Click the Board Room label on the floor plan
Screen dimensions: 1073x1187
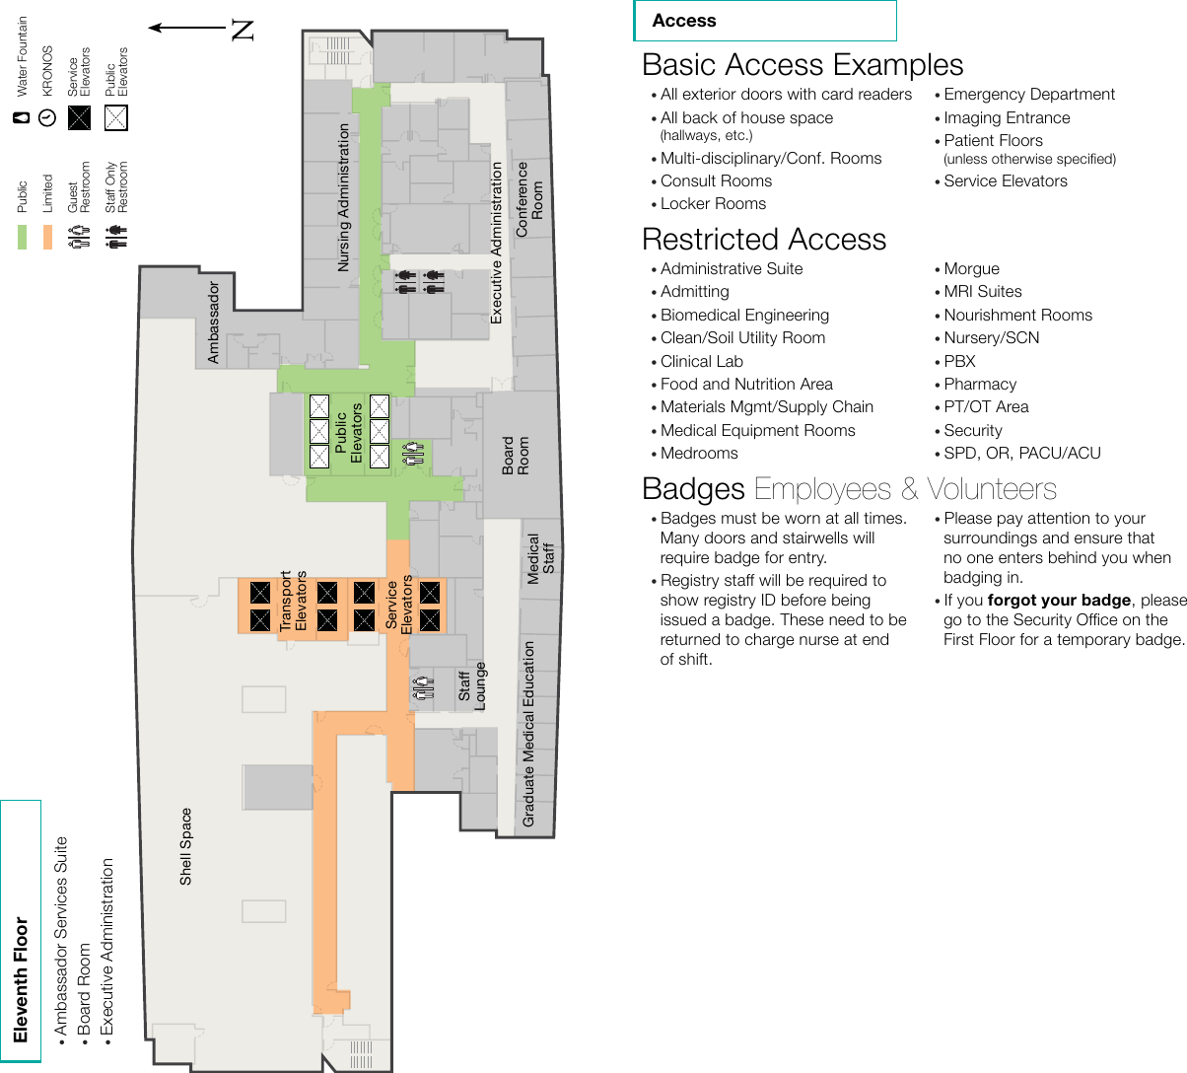coord(516,456)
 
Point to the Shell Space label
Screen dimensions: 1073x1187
coord(185,846)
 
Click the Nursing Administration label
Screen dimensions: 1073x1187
coord(343,197)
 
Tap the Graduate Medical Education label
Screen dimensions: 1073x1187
coord(528,734)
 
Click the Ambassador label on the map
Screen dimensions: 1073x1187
coord(213,322)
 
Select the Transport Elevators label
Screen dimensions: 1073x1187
coord(294,601)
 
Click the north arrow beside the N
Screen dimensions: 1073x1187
coord(186,29)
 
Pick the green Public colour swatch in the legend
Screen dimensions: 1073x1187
coord(22,237)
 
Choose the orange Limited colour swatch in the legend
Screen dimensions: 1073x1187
coord(47,237)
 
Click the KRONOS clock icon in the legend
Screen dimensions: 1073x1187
coord(47,118)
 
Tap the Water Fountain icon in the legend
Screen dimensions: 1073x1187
coord(22,118)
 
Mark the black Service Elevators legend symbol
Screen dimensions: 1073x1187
coord(80,118)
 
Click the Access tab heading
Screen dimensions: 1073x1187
coord(684,21)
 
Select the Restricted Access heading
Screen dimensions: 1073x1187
coord(764,240)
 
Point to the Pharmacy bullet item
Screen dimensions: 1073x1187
coord(979,385)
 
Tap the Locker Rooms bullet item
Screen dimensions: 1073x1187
coord(713,204)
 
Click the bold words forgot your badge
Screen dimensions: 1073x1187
coord(1059,601)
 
